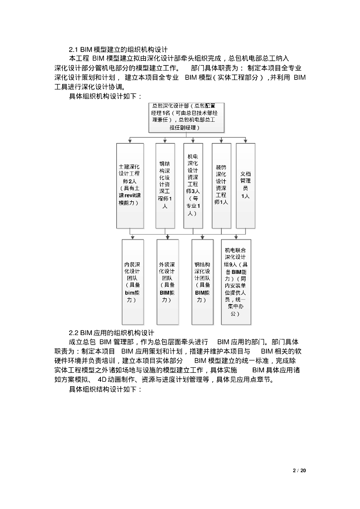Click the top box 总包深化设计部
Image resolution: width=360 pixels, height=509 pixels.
pyautogui.click(x=187, y=117)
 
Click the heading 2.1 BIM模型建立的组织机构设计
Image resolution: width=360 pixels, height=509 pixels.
pyautogui.click(x=118, y=49)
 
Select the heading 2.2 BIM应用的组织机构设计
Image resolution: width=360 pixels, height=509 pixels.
pyautogui.click(x=111, y=333)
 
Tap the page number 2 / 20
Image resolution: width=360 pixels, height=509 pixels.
pyautogui.click(x=300, y=470)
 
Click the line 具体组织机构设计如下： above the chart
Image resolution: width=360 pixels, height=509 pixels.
pyautogui.click(x=105, y=96)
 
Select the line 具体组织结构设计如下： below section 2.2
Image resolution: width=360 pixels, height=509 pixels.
pyautogui.click(x=105, y=390)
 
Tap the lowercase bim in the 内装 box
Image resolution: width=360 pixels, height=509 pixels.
pyautogui.click(x=130, y=293)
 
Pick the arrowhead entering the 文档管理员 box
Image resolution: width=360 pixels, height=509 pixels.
pyautogui.click(x=245, y=142)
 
